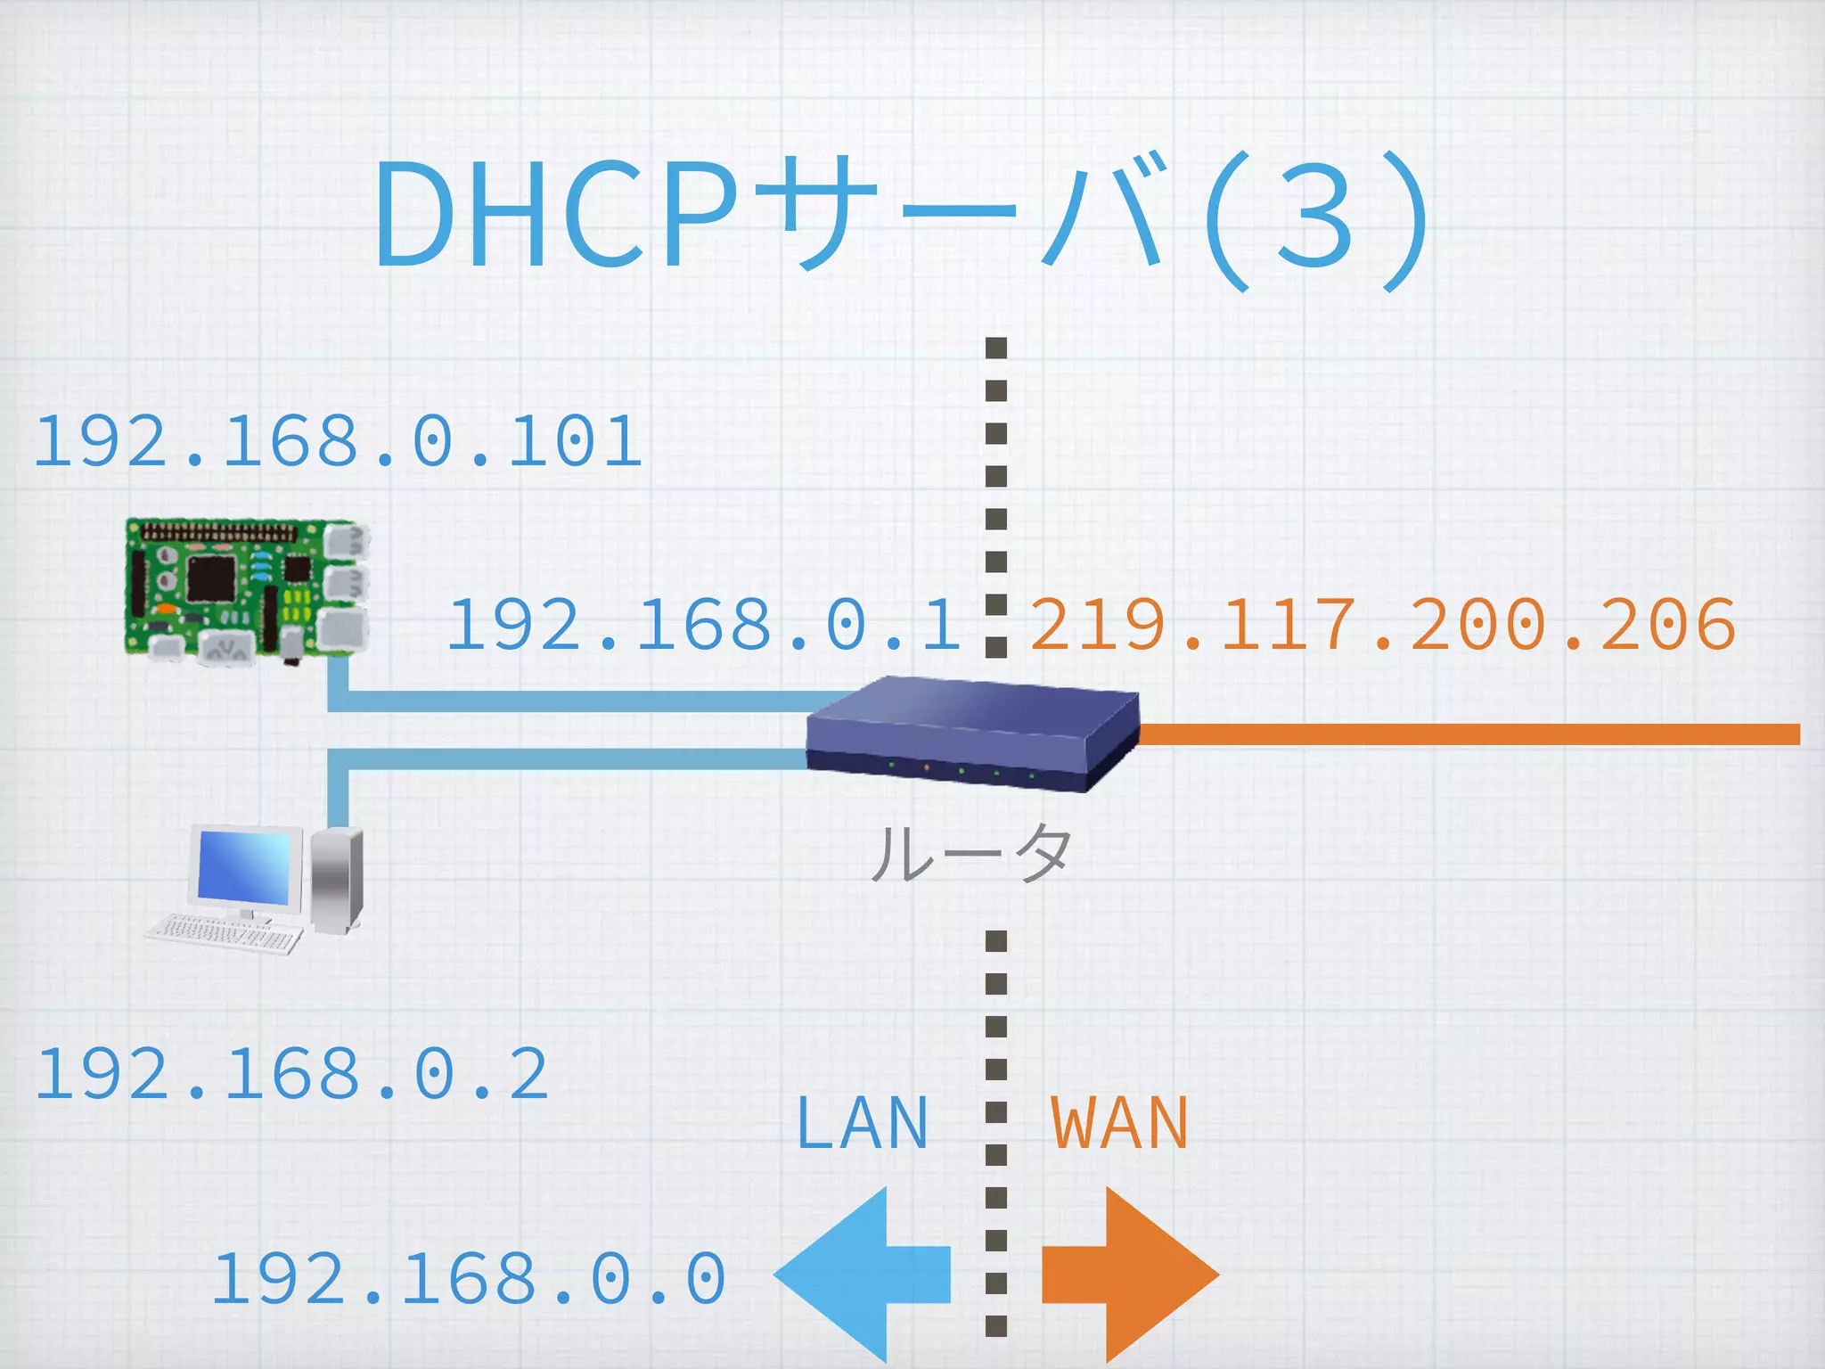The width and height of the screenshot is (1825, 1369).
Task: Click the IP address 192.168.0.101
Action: pos(337,442)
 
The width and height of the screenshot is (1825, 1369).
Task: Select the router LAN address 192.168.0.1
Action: pos(704,625)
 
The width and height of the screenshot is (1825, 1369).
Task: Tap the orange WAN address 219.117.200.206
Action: pos(1382,625)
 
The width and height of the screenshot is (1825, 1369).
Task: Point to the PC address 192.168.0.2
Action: pos(291,1075)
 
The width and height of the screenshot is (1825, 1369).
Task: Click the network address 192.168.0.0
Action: pos(469,1280)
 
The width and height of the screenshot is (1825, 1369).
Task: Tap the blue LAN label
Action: pos(862,1124)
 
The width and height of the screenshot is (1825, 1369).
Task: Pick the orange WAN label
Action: pos(1119,1124)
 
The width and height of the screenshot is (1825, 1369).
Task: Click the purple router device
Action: pos(971,733)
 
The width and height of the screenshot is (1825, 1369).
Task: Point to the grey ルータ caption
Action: pos(971,853)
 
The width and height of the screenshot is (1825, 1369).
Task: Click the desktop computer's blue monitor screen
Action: pos(243,865)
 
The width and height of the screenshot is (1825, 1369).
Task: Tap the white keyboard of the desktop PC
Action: pos(223,932)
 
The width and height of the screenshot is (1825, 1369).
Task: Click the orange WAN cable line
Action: pos(1470,734)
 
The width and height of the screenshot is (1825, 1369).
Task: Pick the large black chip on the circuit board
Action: pos(211,577)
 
